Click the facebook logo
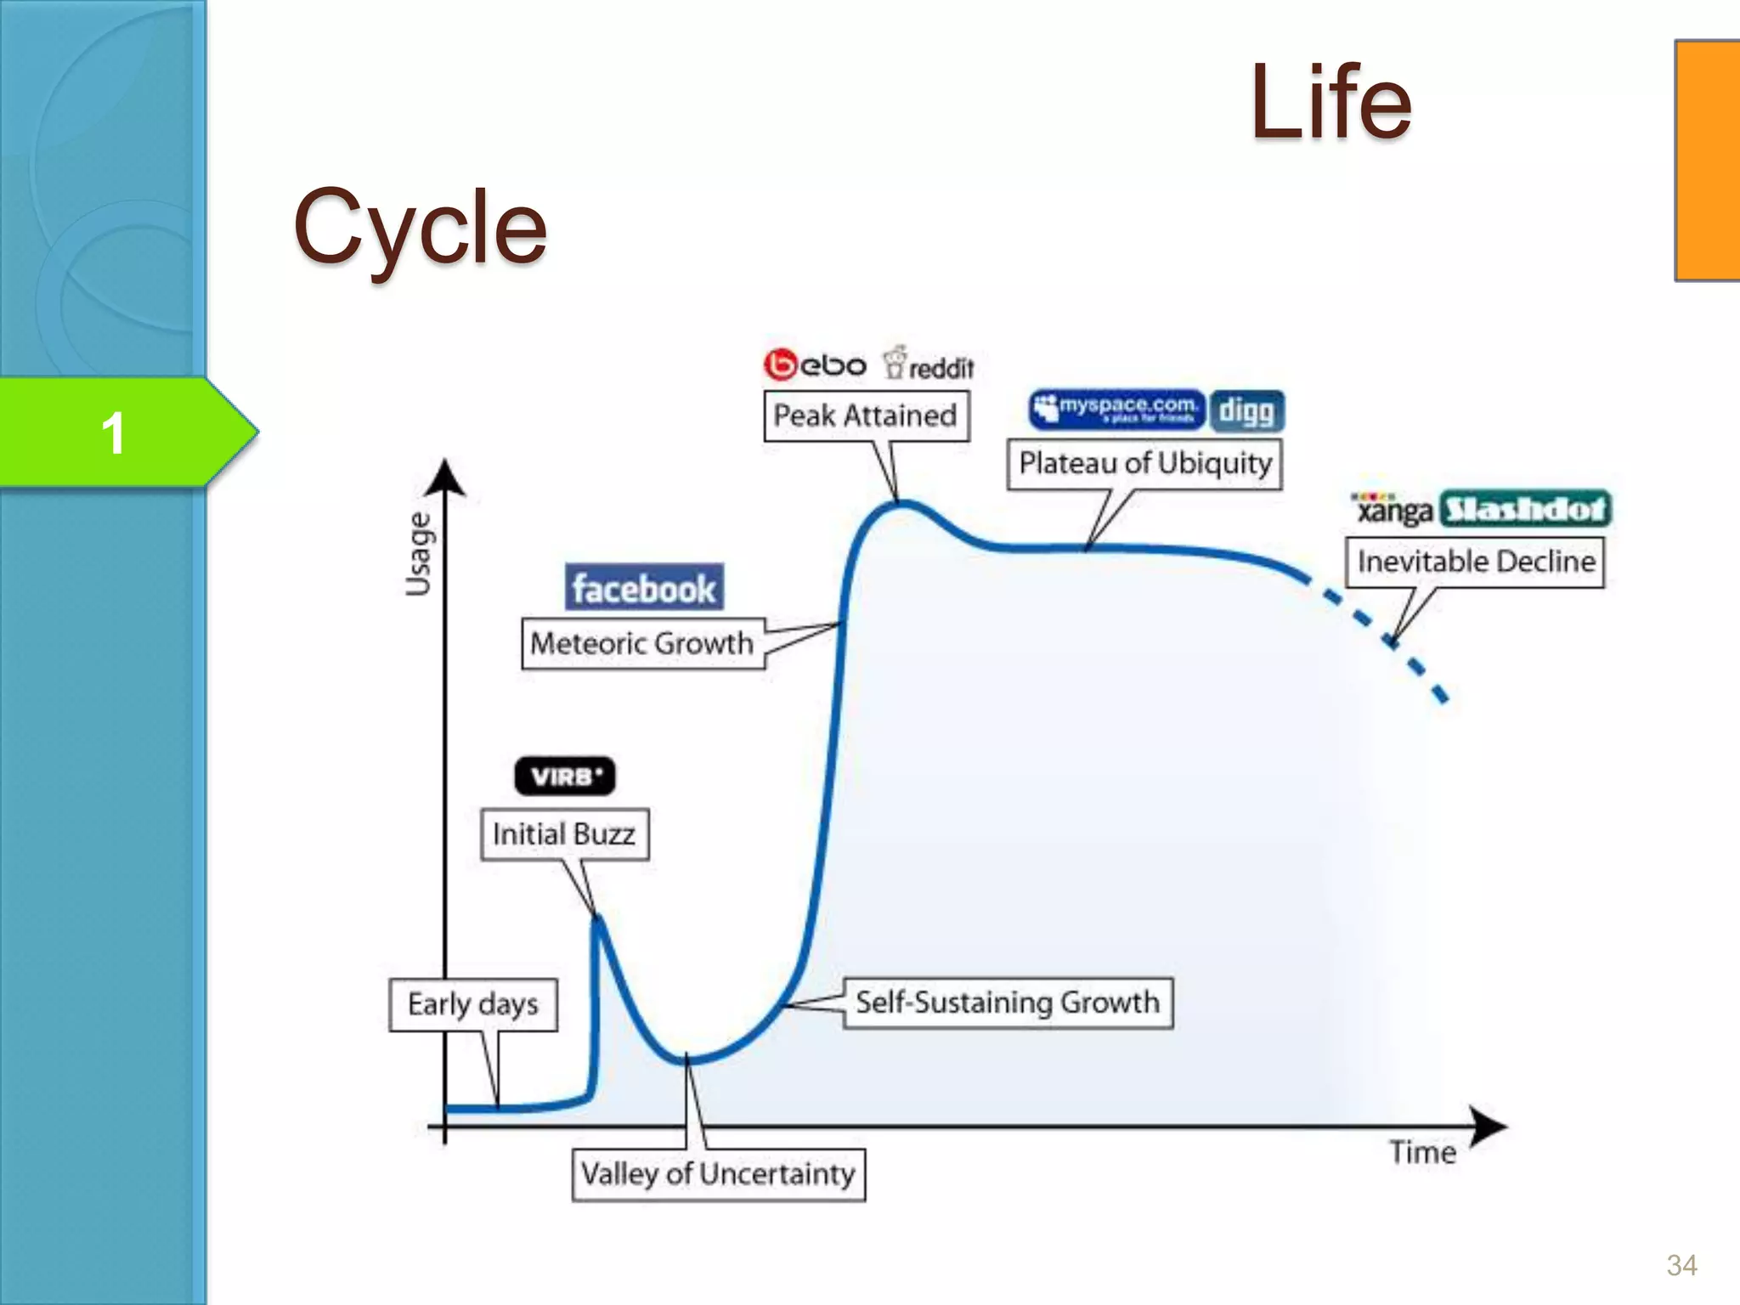[644, 587]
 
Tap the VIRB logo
[565, 776]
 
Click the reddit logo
[929, 365]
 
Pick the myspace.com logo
[1116, 410]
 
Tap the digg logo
[1246, 411]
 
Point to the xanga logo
[1393, 509]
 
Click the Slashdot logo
[1526, 509]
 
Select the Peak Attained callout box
[866, 415]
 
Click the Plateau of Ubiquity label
[1144, 464]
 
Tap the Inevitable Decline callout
[1475, 562]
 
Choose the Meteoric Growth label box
[642, 644]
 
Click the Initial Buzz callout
[564, 834]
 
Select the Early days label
[473, 1004]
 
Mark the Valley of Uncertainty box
[718, 1174]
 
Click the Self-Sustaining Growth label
[1008, 1003]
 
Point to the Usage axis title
[418, 554]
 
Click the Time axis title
[1422, 1153]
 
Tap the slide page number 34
[1681, 1266]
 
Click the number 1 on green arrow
[113, 433]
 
